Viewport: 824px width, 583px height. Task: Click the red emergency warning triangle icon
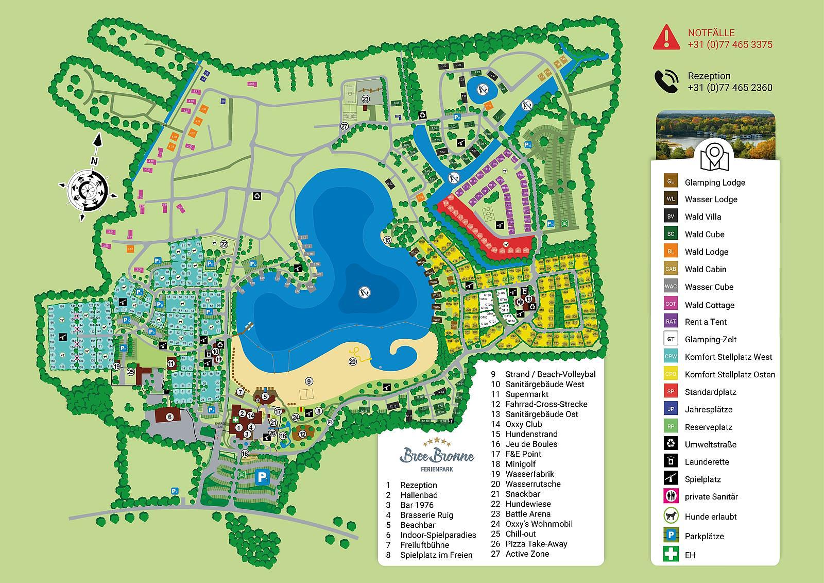tap(666, 38)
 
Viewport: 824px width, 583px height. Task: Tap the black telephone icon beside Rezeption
tap(666, 81)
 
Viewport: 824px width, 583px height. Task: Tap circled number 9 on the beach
tap(308, 381)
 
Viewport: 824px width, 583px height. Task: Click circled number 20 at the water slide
tap(353, 362)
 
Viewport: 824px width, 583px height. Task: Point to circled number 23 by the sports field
tap(366, 98)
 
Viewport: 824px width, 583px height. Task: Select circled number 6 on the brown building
tap(169, 416)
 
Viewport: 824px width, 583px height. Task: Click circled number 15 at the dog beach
tap(387, 240)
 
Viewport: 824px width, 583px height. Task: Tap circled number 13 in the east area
tap(528, 299)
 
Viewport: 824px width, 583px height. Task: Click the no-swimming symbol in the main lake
tap(364, 292)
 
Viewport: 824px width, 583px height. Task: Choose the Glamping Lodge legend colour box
tap(670, 182)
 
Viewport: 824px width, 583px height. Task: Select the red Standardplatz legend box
tap(670, 392)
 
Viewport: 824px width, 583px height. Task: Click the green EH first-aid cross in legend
tap(670, 555)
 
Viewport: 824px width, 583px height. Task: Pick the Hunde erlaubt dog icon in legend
tap(670, 516)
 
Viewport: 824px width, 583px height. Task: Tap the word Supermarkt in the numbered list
tap(527, 394)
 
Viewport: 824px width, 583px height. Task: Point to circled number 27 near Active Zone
tap(345, 126)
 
